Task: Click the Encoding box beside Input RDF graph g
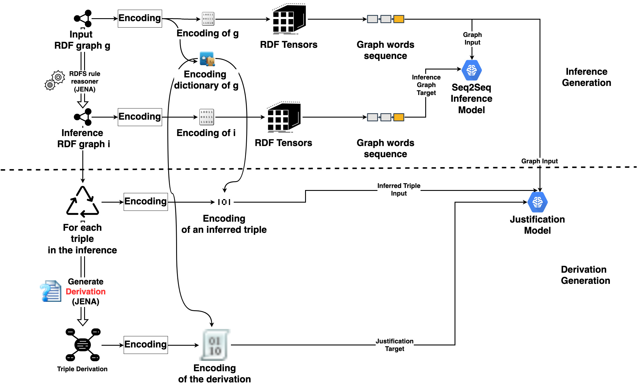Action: click(x=140, y=18)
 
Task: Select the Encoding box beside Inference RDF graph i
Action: click(x=140, y=117)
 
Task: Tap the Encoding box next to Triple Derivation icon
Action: click(x=146, y=345)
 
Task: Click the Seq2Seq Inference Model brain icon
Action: click(x=472, y=70)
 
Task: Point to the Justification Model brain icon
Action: click(x=537, y=202)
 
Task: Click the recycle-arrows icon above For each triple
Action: click(x=83, y=202)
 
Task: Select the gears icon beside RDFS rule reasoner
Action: click(x=55, y=80)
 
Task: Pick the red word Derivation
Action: click(x=86, y=291)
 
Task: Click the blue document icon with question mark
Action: click(x=51, y=291)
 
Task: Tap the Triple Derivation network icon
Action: click(x=83, y=345)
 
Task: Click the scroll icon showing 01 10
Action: click(x=215, y=345)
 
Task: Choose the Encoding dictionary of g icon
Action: click(x=207, y=59)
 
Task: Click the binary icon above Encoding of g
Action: click(x=208, y=19)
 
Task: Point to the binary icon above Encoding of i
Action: click(x=207, y=117)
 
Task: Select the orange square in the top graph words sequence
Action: click(x=399, y=19)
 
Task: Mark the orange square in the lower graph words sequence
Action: click(x=399, y=117)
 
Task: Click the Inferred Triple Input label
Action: click(x=399, y=189)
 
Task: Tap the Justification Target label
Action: click(x=394, y=345)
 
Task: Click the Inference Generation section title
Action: click(x=586, y=77)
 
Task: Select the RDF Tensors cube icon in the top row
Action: click(x=289, y=19)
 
